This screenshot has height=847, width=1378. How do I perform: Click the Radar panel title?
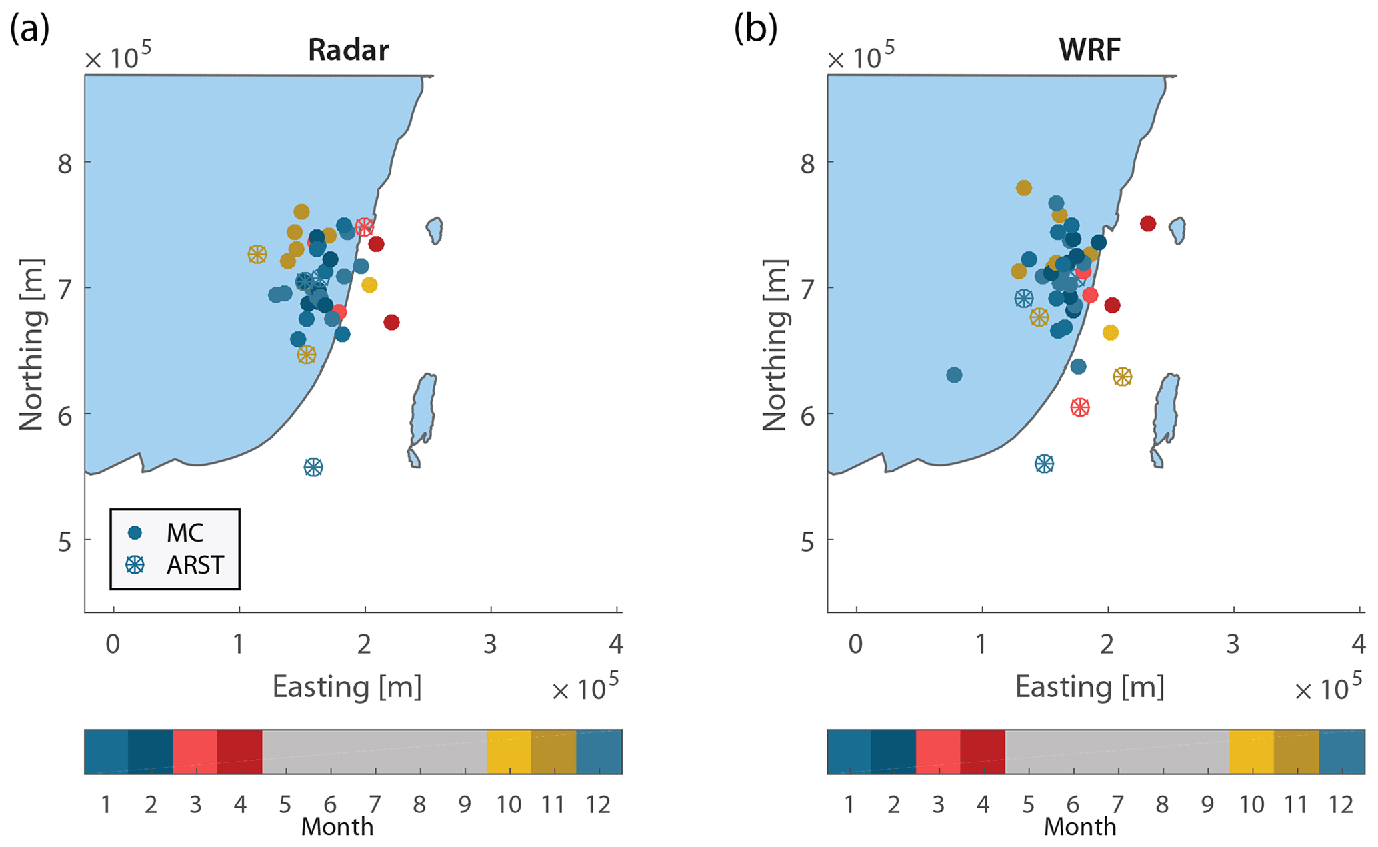pos(348,51)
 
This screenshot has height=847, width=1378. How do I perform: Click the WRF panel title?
pos(1090,51)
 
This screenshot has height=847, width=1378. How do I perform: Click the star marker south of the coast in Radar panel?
pos(313,467)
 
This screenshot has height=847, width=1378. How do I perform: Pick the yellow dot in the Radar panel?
pos(369,285)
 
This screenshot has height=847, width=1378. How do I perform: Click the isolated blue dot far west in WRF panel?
pos(954,375)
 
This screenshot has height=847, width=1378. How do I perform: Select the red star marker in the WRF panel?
pos(1080,407)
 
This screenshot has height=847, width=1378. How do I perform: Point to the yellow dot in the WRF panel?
pos(1110,333)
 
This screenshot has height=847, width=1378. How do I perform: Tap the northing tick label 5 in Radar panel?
pos(65,542)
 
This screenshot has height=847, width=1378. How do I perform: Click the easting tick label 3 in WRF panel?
pos(1233,644)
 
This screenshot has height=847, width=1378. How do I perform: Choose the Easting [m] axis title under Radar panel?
pos(347,687)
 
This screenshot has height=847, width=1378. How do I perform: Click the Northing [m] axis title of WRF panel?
pos(775,345)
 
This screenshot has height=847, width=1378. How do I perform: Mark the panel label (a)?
pos(29,29)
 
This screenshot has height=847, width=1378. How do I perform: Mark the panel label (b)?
pos(755,29)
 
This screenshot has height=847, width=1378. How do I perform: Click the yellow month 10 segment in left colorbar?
pos(509,752)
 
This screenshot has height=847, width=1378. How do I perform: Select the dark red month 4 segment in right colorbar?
pos(983,752)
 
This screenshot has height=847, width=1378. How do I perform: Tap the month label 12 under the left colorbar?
pos(598,805)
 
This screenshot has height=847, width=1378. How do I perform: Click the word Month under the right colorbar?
pos(1079,827)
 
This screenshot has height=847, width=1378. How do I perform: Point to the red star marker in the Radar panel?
pos(364,227)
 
